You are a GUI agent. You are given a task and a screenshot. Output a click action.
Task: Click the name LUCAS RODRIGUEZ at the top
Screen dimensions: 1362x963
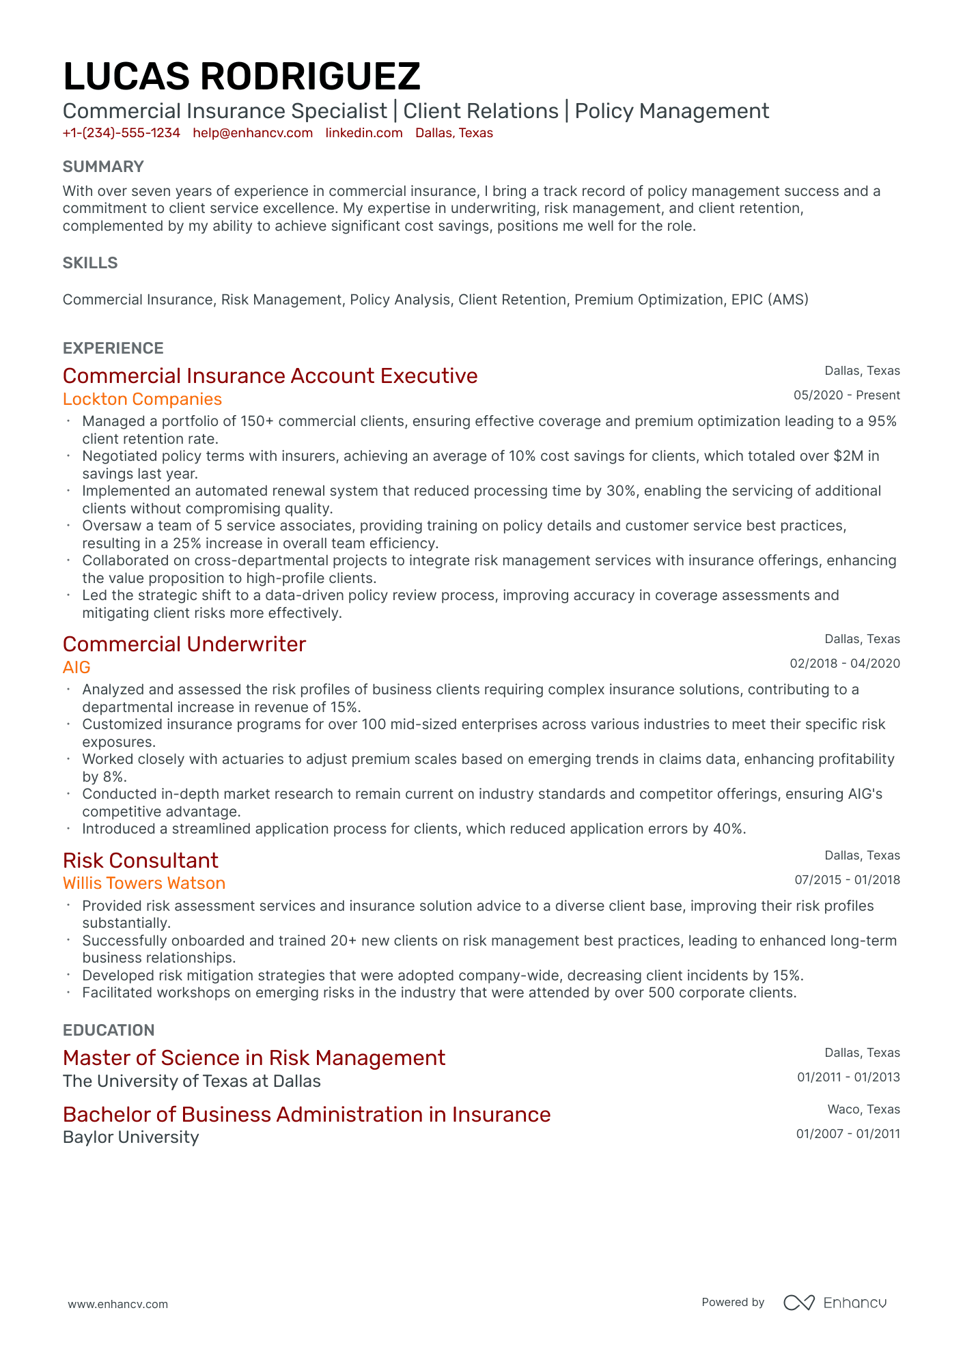pyautogui.click(x=241, y=76)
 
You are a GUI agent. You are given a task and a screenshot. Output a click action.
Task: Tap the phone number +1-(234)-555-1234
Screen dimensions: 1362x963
pyautogui.click(x=121, y=133)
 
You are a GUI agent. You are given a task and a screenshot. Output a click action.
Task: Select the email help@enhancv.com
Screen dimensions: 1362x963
pyautogui.click(x=252, y=133)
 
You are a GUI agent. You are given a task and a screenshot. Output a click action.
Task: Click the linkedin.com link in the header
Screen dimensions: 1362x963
pyautogui.click(x=363, y=133)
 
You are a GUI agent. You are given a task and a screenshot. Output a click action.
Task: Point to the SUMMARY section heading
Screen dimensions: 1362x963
pyautogui.click(x=103, y=167)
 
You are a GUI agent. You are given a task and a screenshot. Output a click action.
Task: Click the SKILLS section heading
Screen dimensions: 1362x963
pyautogui.click(x=90, y=263)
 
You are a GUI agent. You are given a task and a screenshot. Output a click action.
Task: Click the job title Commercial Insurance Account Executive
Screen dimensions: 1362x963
pyautogui.click(x=270, y=376)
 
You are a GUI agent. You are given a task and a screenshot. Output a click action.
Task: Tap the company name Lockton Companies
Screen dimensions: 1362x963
pyautogui.click(x=142, y=399)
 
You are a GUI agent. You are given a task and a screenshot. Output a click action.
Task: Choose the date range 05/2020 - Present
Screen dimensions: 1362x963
pyautogui.click(x=846, y=395)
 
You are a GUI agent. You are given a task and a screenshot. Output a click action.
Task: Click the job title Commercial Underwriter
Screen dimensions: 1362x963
pyautogui.click(x=184, y=644)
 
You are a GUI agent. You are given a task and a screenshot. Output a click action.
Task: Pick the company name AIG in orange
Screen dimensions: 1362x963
pyautogui.click(x=76, y=668)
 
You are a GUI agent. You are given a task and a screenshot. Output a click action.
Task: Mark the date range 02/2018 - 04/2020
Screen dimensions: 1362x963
pyautogui.click(x=844, y=664)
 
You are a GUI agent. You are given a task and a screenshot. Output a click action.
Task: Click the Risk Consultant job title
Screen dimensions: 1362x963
pyautogui.click(x=140, y=861)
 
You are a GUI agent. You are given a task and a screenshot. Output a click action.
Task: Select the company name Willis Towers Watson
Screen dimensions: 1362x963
pyautogui.click(x=143, y=883)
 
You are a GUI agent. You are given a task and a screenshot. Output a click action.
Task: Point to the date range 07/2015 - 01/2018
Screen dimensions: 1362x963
pyautogui.click(x=847, y=880)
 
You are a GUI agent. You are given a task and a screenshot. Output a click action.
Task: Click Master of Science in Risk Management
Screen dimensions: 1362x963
pyautogui.click(x=253, y=1058)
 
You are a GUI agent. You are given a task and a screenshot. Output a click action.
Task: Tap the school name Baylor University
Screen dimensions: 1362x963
pyautogui.click(x=130, y=1137)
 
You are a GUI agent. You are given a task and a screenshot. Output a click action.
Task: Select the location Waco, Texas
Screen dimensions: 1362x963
pyautogui.click(x=863, y=1109)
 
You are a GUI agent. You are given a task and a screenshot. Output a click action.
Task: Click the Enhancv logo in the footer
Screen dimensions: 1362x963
pyautogui.click(x=835, y=1303)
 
